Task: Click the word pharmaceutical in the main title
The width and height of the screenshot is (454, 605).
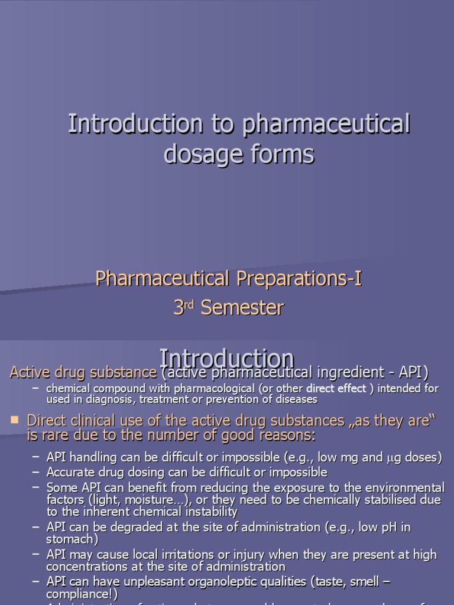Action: point(325,125)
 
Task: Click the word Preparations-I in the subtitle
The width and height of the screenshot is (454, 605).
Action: point(299,278)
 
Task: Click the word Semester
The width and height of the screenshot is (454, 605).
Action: point(242,308)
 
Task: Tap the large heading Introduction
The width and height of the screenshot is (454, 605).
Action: point(227,359)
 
